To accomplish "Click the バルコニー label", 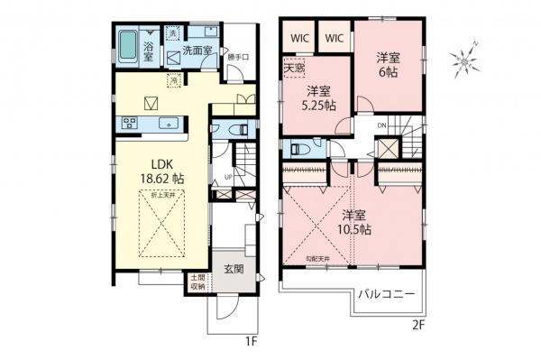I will [x=385, y=295].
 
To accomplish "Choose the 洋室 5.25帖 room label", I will [x=318, y=98].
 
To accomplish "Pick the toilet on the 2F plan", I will [x=298, y=149].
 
